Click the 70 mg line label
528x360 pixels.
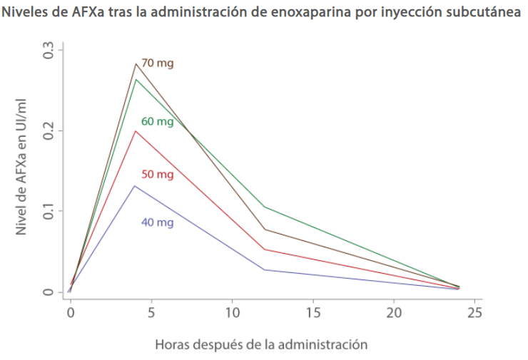pos(157,63)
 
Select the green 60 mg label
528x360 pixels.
pos(157,121)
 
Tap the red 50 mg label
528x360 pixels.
pos(157,175)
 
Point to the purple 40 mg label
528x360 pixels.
pos(157,222)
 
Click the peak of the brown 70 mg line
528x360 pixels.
pos(135,64)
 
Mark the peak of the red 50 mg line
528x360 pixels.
pos(135,130)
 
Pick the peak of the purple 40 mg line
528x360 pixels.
pos(135,186)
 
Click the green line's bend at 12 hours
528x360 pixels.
pos(265,207)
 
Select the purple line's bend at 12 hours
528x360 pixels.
pos(265,269)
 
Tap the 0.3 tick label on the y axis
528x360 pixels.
pos(49,51)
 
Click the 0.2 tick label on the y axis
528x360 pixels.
pos(49,131)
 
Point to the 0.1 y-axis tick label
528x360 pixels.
pos(49,211)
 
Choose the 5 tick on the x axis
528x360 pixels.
pos(151,312)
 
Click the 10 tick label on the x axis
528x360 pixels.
pos(232,312)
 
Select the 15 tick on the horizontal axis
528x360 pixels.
pos(313,312)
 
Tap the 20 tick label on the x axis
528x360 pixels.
pos(394,312)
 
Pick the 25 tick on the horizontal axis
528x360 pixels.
pos(475,312)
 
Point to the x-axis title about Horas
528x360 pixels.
pos(261,345)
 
